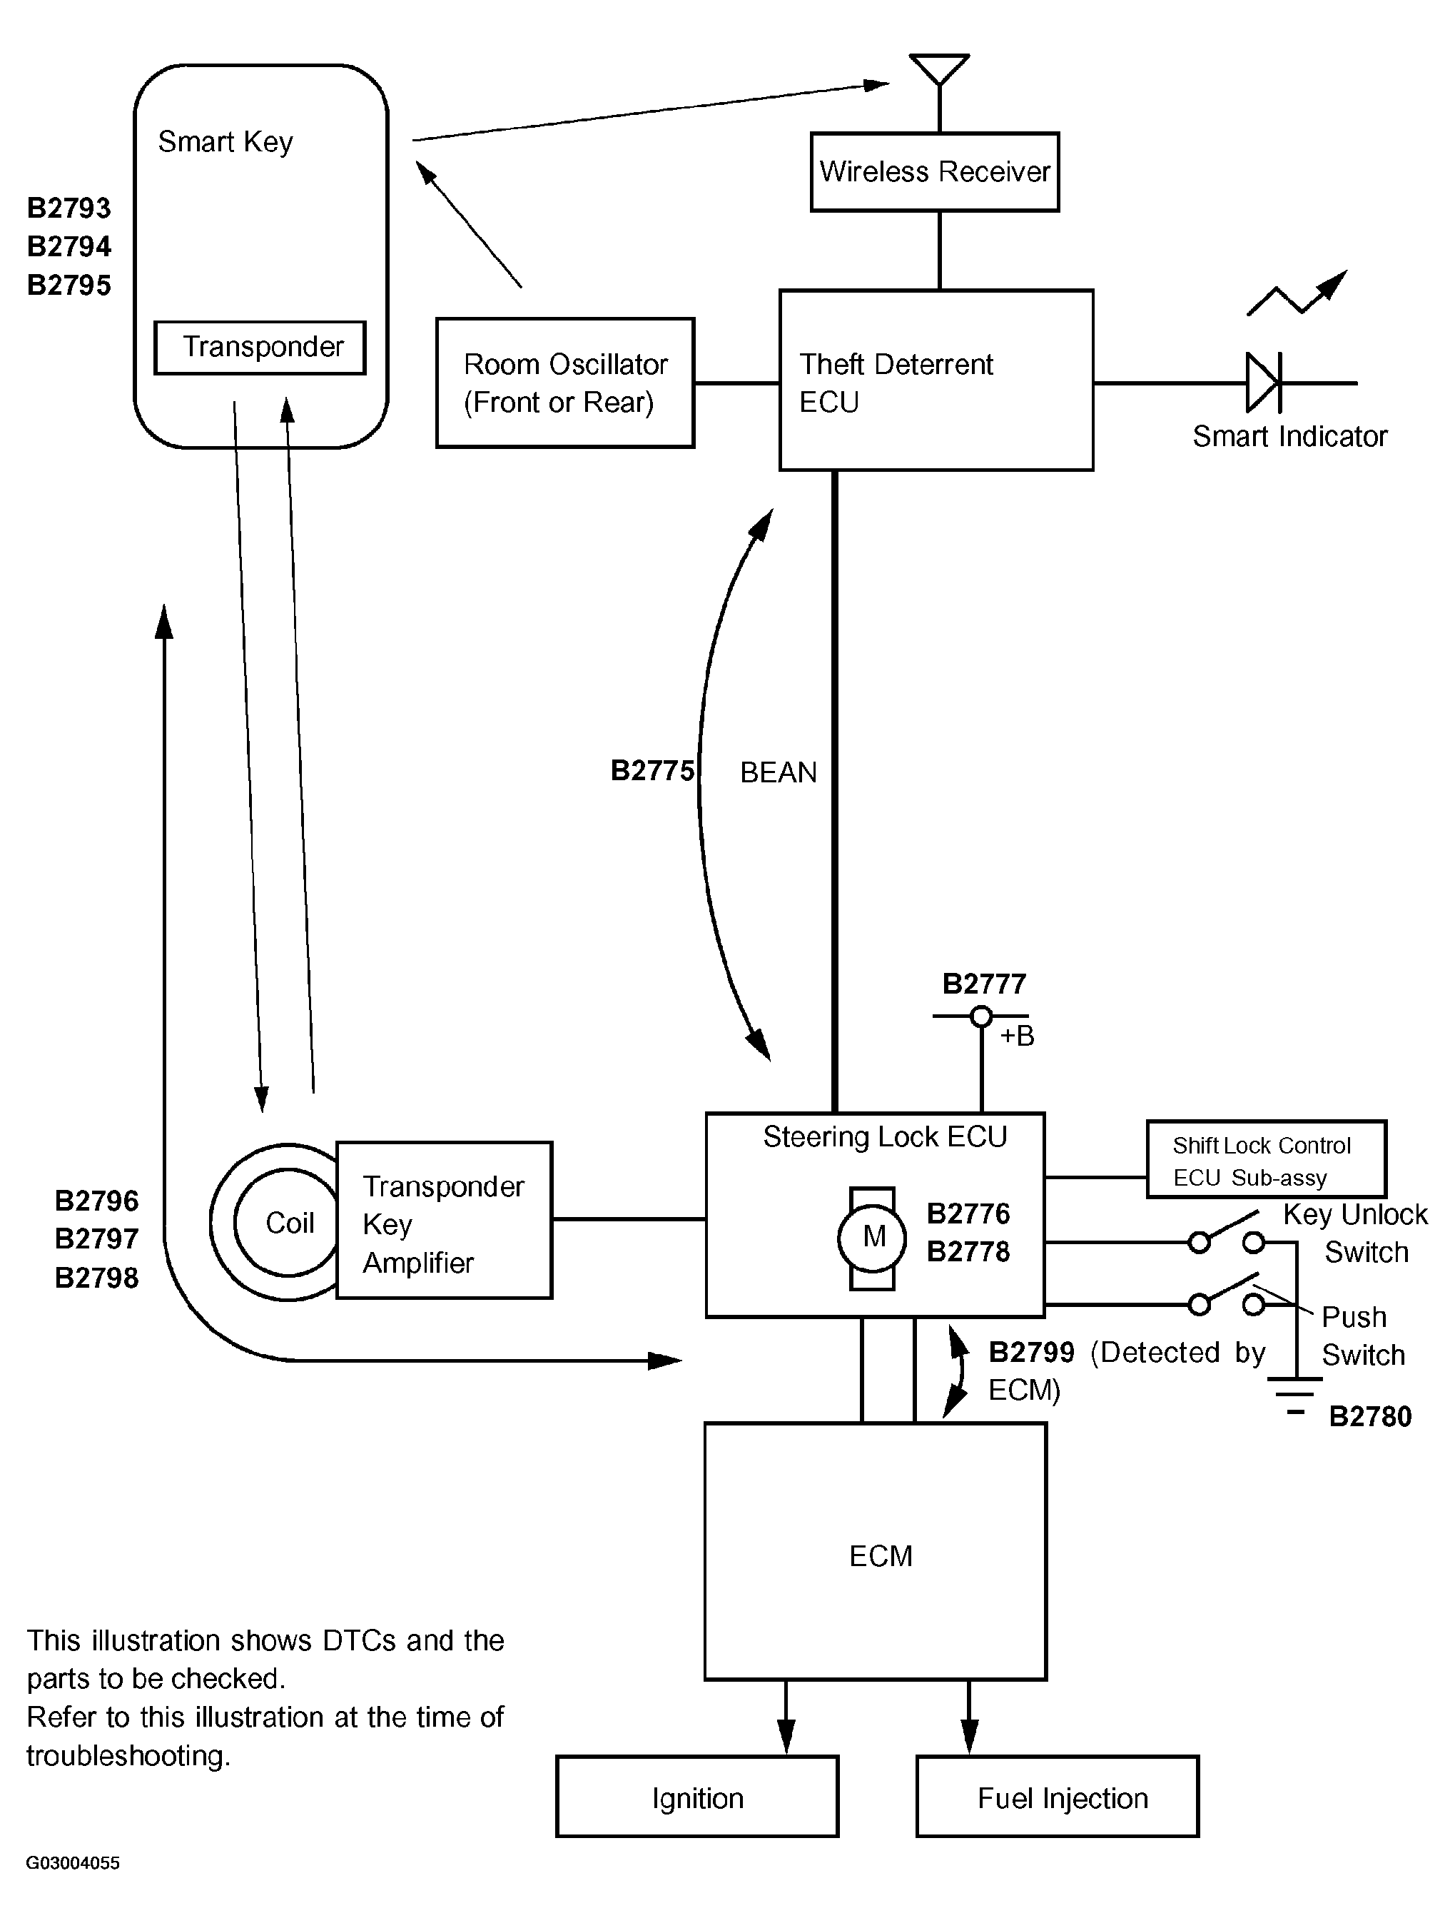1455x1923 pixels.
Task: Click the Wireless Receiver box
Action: pos(934,172)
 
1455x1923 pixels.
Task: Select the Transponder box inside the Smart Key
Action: pos(260,348)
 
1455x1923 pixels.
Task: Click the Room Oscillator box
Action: pos(565,383)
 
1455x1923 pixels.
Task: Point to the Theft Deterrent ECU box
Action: pos(936,380)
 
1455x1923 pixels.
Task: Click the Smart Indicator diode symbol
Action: pos(1263,383)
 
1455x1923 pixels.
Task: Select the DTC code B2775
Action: pos(652,771)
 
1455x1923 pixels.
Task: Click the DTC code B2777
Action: pos(984,984)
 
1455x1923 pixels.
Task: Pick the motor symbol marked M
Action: pos(872,1238)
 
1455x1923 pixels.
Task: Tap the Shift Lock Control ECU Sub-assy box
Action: pos(1265,1160)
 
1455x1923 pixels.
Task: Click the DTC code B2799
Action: pos(1031,1353)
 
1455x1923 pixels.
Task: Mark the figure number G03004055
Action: pos(73,1863)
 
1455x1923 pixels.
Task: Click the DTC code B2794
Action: pos(69,247)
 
